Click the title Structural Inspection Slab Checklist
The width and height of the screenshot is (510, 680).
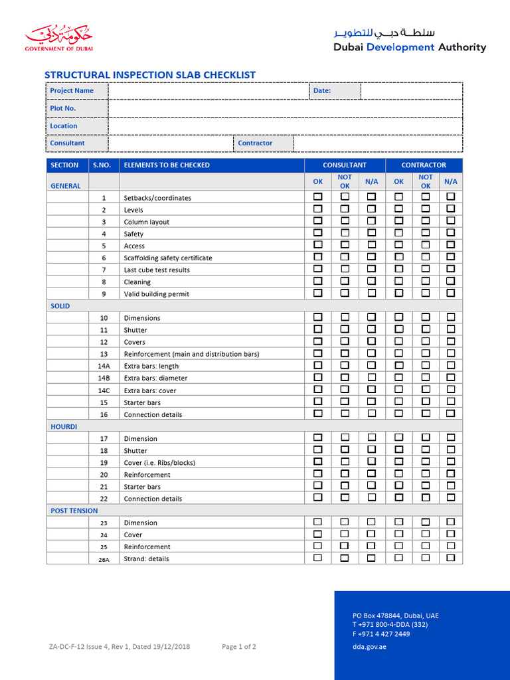pyautogui.click(x=149, y=75)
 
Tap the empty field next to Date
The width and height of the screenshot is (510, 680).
pyautogui.click(x=411, y=90)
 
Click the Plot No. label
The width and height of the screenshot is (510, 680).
pyautogui.click(x=63, y=108)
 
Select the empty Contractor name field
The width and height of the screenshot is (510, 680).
pyautogui.click(x=378, y=143)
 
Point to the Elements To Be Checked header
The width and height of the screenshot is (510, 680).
pyautogui.click(x=167, y=165)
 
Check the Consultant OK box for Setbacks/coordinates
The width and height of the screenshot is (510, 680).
pyautogui.click(x=318, y=197)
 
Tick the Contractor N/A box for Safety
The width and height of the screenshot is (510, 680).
pyautogui.click(x=451, y=233)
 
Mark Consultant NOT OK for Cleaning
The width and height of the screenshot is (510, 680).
pyautogui.click(x=345, y=281)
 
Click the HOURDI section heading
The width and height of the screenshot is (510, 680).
pyautogui.click(x=64, y=426)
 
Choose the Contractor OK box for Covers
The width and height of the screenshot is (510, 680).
pyautogui.click(x=398, y=341)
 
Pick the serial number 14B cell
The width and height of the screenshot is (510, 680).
pyautogui.click(x=104, y=378)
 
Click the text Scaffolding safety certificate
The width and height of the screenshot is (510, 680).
pyautogui.click(x=168, y=258)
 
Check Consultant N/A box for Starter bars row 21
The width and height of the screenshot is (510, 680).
pyautogui.click(x=371, y=486)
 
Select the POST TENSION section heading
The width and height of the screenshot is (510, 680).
pyautogui.click(x=74, y=511)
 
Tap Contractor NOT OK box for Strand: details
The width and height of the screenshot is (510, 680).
pyautogui.click(x=425, y=558)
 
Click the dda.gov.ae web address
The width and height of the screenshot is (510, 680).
pyautogui.click(x=369, y=647)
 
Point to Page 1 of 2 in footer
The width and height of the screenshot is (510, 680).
pyautogui.click(x=239, y=647)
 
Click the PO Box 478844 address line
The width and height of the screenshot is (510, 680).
pyautogui.click(x=395, y=616)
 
